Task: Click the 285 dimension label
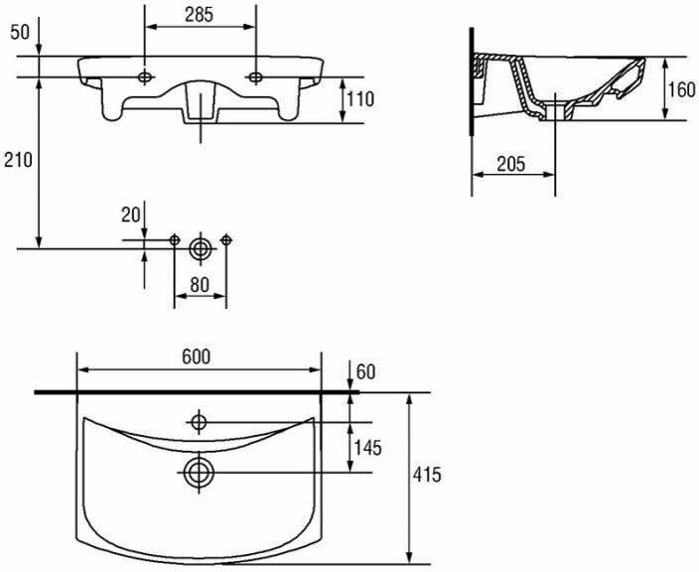click(x=201, y=17)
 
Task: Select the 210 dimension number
click(x=19, y=159)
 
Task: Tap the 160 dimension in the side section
click(x=680, y=90)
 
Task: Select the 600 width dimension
click(x=198, y=357)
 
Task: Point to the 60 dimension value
click(x=365, y=372)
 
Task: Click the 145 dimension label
click(x=366, y=448)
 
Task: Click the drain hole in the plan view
click(x=199, y=471)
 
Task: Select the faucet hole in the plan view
click(x=199, y=423)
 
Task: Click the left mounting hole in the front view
click(x=146, y=75)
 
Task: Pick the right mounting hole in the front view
click(x=257, y=75)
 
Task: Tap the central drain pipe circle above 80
click(x=201, y=248)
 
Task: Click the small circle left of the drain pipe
click(x=175, y=239)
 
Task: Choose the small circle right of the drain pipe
click(x=226, y=239)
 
